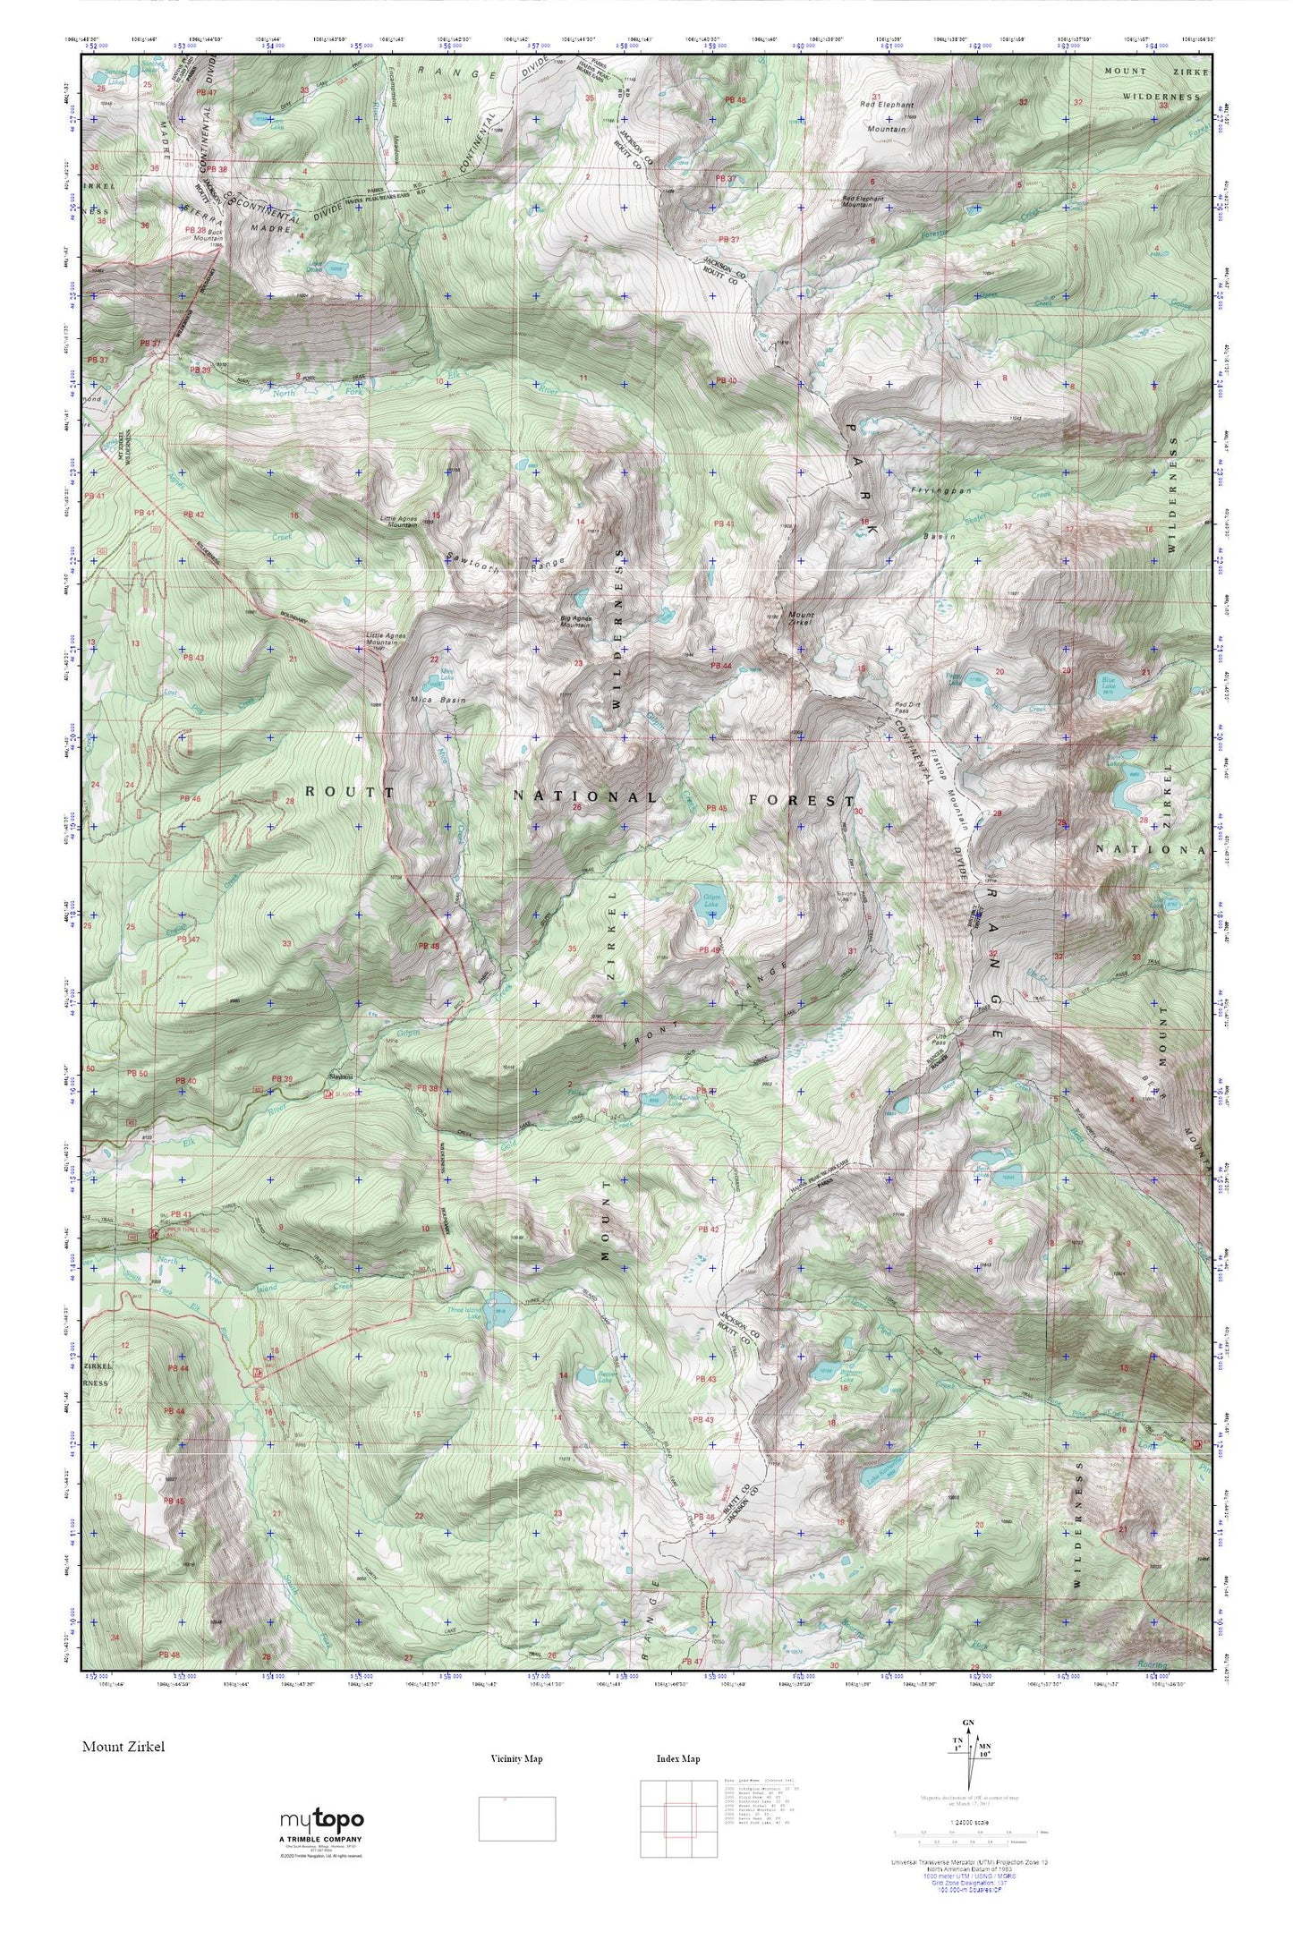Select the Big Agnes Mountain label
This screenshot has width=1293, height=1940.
tap(575, 621)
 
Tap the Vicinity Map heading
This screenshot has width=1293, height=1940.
tap(516, 1758)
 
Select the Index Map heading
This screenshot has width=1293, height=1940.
tap(677, 1758)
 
